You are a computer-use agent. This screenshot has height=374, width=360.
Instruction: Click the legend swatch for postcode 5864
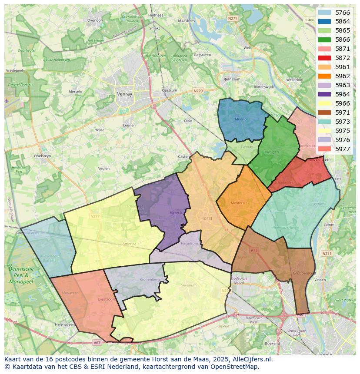point(324,21)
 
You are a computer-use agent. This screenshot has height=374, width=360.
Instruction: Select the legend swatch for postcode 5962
point(324,76)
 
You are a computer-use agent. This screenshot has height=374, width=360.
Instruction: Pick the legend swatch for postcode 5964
point(324,94)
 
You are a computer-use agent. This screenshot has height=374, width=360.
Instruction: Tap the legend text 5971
point(343,113)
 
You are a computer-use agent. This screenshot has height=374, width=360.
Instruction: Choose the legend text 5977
point(343,149)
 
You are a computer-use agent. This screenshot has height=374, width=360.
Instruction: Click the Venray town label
point(125,94)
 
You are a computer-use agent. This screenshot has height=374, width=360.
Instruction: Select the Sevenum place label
point(189,285)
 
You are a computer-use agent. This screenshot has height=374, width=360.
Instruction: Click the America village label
point(129,244)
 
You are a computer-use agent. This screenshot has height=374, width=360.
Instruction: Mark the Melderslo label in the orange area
point(239,203)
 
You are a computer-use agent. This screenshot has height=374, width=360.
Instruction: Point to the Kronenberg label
point(150,279)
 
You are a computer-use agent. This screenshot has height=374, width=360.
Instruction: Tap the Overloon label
point(95,20)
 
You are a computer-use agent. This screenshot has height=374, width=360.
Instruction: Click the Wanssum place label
point(231,79)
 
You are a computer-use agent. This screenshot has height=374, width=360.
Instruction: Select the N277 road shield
point(95,216)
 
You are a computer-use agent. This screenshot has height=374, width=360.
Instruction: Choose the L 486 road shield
point(310,20)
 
